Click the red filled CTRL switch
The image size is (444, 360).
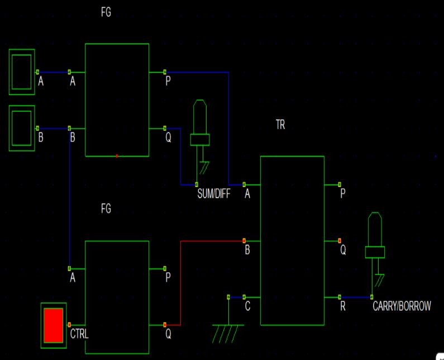[x=54, y=325]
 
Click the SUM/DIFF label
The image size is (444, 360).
[x=214, y=194]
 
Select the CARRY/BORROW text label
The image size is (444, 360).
[x=402, y=306]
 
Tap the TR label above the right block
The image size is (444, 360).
[x=280, y=125]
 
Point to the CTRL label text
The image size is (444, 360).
[x=79, y=334]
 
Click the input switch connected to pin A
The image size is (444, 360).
[x=22, y=72]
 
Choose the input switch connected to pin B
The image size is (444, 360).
[x=22, y=128]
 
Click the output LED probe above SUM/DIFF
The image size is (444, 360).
[x=200, y=133]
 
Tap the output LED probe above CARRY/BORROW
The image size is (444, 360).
[x=375, y=246]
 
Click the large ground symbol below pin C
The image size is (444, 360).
[x=228, y=333]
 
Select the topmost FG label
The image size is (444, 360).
[x=106, y=12]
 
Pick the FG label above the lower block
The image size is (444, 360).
[x=106, y=209]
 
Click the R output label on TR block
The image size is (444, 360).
[x=342, y=306]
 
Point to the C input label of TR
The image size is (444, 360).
[x=247, y=306]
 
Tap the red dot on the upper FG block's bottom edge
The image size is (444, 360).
[x=117, y=156]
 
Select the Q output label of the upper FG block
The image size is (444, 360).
[x=168, y=138]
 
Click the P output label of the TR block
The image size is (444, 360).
[x=342, y=193]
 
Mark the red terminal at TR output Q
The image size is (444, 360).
[x=340, y=241]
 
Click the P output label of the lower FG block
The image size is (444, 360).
[x=168, y=277]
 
